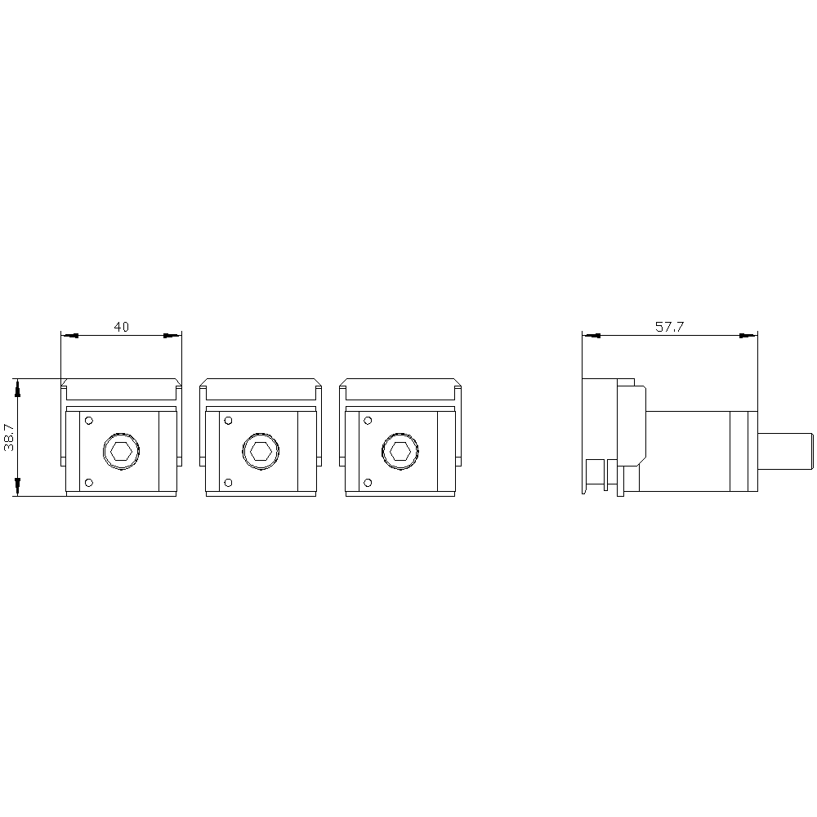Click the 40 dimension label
(122, 327)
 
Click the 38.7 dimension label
(9, 436)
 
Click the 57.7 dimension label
(670, 327)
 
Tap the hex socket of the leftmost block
(122, 451)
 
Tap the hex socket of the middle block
(261, 451)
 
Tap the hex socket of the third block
(400, 451)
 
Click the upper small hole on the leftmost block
(88, 421)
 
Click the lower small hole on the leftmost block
(88, 483)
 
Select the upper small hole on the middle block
(228, 421)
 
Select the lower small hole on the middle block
(228, 483)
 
